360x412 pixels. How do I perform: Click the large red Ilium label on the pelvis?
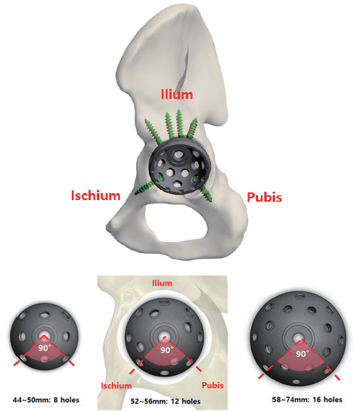177,95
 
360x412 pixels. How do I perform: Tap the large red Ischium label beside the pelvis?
96,195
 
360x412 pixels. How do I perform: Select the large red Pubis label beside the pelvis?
264,197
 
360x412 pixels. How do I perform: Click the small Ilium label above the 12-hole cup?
163,283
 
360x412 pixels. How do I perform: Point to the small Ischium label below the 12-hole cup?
117,386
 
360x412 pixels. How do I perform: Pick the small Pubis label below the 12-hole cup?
213,386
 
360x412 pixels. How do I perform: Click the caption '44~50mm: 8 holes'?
46,400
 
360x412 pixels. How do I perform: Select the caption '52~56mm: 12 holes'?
165,402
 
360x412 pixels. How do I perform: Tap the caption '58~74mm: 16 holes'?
307,399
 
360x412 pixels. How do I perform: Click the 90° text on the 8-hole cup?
43,348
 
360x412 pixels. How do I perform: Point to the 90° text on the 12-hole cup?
167,350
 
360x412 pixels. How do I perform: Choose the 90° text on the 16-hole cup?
301,353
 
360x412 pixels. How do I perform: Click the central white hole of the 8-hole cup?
44,337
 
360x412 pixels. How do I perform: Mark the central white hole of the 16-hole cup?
299,337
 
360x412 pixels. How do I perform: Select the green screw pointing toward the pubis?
205,193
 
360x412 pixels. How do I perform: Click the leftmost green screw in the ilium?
153,131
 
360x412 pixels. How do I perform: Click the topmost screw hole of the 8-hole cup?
44,314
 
